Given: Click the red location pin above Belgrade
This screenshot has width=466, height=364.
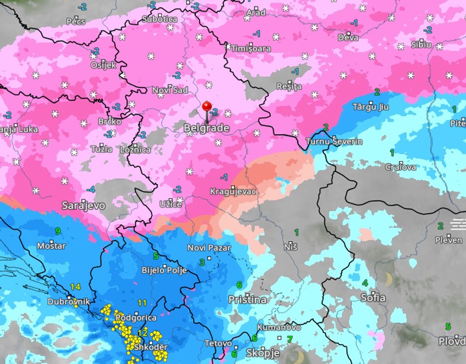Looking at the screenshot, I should pyautogui.click(x=207, y=107).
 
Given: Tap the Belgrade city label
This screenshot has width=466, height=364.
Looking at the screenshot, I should pyautogui.click(x=206, y=128).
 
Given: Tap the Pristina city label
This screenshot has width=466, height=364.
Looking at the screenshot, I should pyautogui.click(x=247, y=300).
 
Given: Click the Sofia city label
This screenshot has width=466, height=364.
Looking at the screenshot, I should pyautogui.click(x=373, y=298).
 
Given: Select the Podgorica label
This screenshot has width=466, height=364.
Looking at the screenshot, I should pyautogui.click(x=136, y=317).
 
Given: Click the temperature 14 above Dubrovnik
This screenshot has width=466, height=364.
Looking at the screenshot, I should pyautogui.click(x=75, y=287).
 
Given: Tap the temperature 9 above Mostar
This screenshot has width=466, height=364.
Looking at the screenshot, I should pyautogui.click(x=58, y=231).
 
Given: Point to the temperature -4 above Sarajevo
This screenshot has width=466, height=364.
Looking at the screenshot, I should pyautogui.click(x=90, y=189).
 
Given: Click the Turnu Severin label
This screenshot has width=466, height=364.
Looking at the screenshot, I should pyautogui.click(x=334, y=141).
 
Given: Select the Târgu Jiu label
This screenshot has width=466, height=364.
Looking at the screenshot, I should pyautogui.click(x=370, y=107).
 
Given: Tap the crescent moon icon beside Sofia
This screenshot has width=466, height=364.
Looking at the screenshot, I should pyautogui.click(x=389, y=280).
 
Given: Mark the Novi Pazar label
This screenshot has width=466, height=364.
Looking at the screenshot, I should pyautogui.click(x=209, y=248).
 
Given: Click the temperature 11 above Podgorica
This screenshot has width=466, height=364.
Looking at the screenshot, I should pyautogui.click(x=142, y=303).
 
